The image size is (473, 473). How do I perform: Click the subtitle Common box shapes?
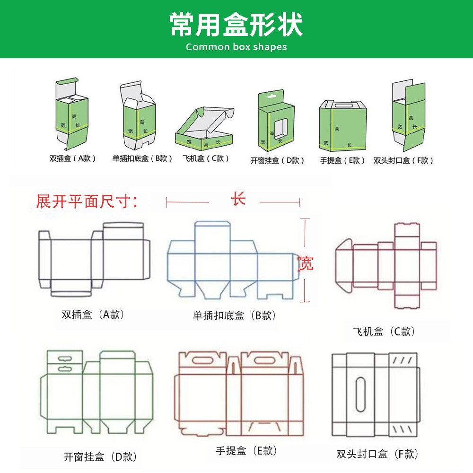tap(236, 47)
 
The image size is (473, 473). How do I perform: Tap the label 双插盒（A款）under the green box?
tap(73, 158)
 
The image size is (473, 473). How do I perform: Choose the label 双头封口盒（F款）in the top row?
tap(403, 160)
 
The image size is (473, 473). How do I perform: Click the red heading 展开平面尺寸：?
tap(87, 201)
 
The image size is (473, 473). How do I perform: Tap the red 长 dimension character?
tap(238, 199)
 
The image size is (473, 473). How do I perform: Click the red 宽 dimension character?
tap(306, 263)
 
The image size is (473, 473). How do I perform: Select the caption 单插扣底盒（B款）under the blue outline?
tap(235, 315)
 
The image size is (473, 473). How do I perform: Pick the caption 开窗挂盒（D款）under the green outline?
tap(100, 457)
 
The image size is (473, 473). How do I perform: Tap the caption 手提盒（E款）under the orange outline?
tap(246, 451)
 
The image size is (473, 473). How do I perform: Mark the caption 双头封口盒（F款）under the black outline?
tap(377, 454)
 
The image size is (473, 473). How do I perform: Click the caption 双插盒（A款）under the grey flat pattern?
tap(93, 314)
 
